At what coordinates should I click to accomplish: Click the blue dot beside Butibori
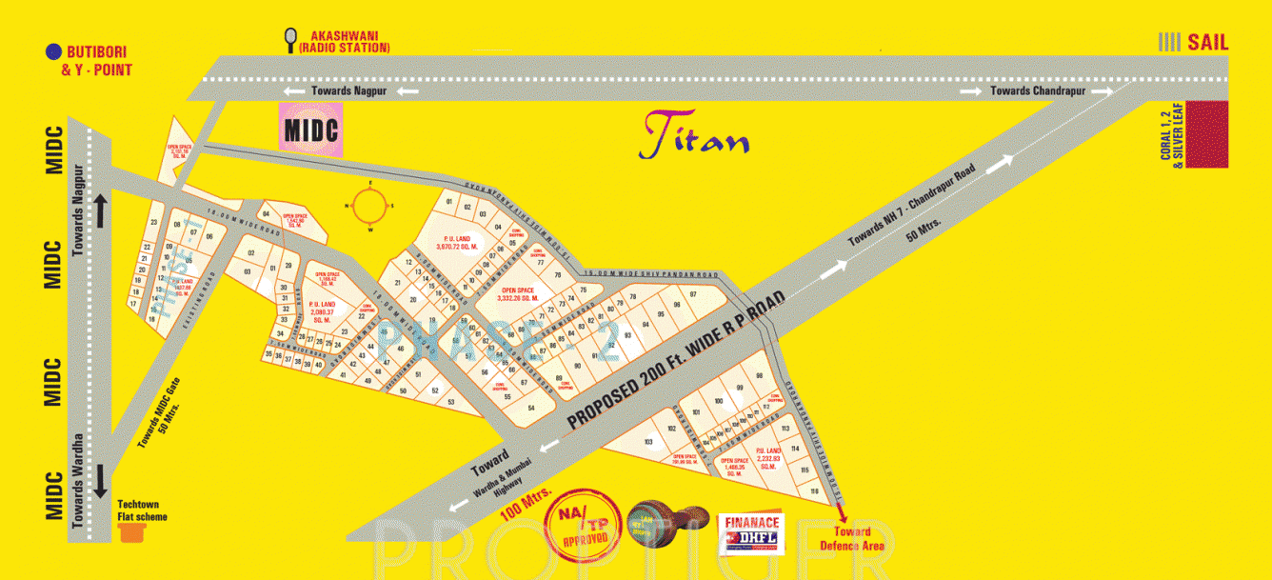(x=54, y=51)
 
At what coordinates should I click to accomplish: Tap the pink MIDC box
(x=310, y=128)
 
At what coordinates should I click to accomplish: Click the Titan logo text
(x=694, y=136)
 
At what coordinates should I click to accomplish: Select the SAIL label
(x=1206, y=42)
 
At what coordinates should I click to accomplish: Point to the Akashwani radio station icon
(x=289, y=39)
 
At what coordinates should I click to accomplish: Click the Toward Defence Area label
(x=852, y=539)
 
